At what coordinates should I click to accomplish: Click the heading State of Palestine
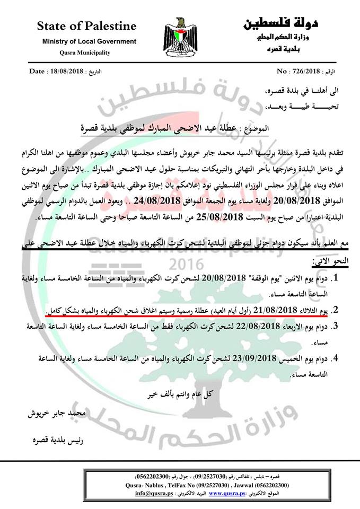pos(86,26)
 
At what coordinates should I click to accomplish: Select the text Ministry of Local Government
pos(82,41)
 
